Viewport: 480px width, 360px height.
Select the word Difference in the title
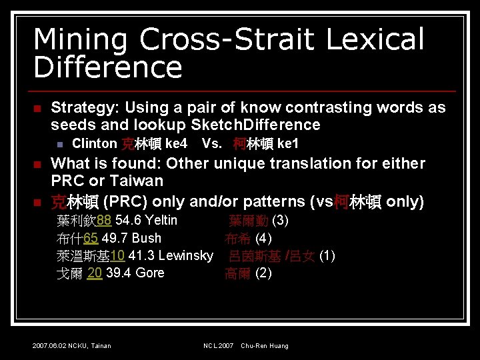pos(107,68)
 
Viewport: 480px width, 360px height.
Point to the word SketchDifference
pos(255,125)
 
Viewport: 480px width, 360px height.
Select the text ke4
pos(176,144)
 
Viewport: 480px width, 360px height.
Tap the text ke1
pos(288,144)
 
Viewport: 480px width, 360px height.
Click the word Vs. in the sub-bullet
pos(212,144)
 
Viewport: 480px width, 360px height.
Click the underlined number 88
pos(104,221)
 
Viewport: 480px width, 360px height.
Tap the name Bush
pos(147,238)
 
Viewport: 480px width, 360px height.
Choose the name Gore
pos(150,273)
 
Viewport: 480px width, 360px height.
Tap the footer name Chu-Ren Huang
pos(265,345)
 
